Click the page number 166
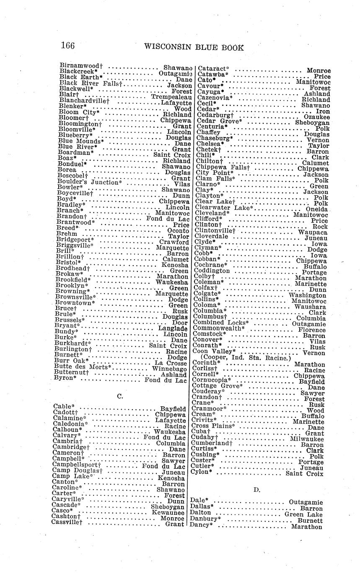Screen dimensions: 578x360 tap(68, 46)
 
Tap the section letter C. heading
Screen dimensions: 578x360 tap(120, 395)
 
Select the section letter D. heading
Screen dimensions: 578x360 tap(256, 489)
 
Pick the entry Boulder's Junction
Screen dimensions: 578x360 tap(89, 182)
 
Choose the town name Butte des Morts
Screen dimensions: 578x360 tap(83, 367)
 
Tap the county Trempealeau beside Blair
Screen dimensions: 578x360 tap(171, 97)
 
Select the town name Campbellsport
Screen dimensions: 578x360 tap(76, 465)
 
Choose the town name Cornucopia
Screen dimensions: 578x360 tap(211, 380)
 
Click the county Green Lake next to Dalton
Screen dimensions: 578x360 tap(303, 514)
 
